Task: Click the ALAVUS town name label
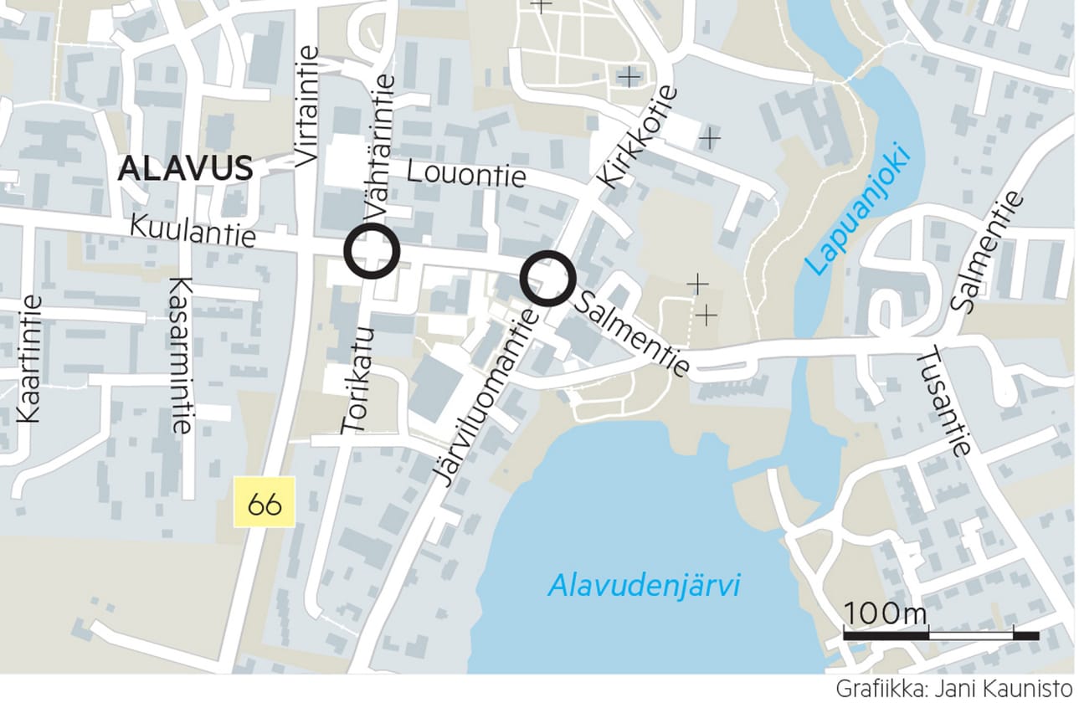tap(185, 168)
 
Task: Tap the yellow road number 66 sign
tap(265, 503)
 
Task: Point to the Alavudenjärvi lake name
tap(644, 586)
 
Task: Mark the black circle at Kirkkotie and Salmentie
tap(547, 278)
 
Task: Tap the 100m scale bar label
tap(886, 613)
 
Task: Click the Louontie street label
tap(466, 173)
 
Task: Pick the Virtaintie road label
tap(308, 105)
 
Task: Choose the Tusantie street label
tap(944, 403)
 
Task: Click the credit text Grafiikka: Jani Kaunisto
tap(953, 690)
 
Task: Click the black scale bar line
tap(940, 636)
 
